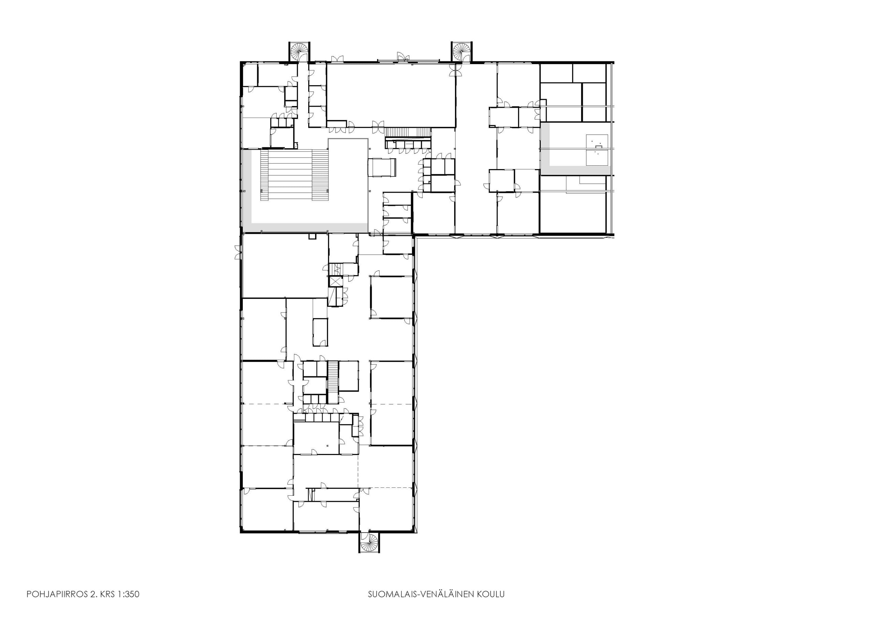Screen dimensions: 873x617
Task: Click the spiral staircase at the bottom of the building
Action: (x=369, y=542)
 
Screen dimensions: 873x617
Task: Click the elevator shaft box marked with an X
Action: (x=336, y=282)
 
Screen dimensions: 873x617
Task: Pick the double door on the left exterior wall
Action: (x=238, y=252)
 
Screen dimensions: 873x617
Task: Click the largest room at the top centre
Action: (x=391, y=95)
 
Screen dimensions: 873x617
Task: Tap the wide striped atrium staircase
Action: (x=294, y=175)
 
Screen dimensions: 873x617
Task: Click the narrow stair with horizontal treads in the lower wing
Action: (x=333, y=382)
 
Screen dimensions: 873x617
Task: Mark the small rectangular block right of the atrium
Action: (x=382, y=168)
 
